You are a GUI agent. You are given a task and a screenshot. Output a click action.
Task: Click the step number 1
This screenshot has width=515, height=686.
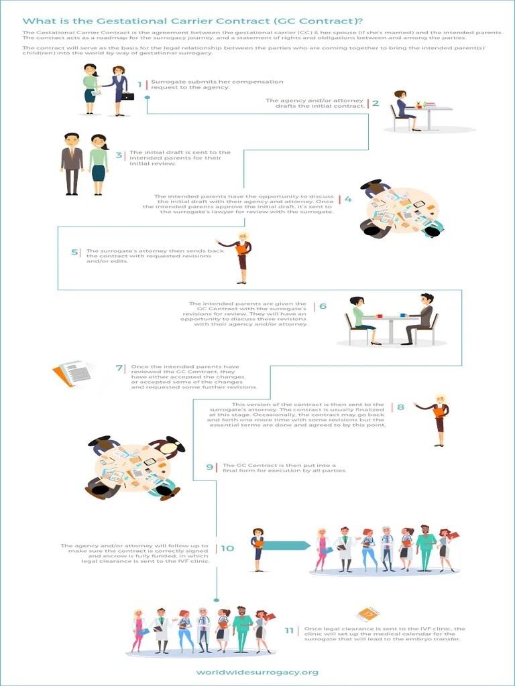[x=139, y=84]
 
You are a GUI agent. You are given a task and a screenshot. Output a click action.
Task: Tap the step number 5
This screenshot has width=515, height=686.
[x=74, y=252]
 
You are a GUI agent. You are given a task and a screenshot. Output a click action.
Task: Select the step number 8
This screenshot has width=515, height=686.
[x=400, y=407]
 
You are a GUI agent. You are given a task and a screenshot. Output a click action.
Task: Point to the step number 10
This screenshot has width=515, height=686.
[x=227, y=548]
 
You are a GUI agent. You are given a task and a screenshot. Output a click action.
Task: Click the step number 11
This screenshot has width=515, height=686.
[x=289, y=630]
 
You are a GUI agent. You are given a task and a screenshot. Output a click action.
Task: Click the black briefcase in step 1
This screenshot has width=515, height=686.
[x=127, y=96]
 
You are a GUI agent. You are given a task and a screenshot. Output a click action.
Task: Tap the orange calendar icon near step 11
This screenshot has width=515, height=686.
[x=367, y=614]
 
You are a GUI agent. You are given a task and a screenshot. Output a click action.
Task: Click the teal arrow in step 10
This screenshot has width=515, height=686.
[x=286, y=545]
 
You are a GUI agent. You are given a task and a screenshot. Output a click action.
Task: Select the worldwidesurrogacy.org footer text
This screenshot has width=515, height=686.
[x=257, y=673]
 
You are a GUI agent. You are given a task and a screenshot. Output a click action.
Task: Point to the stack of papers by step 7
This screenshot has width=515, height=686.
[x=72, y=373]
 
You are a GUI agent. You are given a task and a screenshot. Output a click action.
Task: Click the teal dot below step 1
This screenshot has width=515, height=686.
[x=147, y=98]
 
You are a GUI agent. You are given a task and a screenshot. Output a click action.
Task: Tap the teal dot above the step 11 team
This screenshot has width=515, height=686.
[x=216, y=600]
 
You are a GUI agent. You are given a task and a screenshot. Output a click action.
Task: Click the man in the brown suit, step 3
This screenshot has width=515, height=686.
[x=72, y=164]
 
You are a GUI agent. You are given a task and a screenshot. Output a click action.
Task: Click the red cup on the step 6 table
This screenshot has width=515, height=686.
[x=380, y=316]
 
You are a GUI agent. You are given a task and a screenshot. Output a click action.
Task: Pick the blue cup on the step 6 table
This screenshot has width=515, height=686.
[x=403, y=315]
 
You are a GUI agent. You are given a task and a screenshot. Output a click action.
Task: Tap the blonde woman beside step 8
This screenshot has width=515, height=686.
[x=435, y=420]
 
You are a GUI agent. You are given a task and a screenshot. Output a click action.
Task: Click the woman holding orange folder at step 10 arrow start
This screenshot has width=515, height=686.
[x=257, y=549]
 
